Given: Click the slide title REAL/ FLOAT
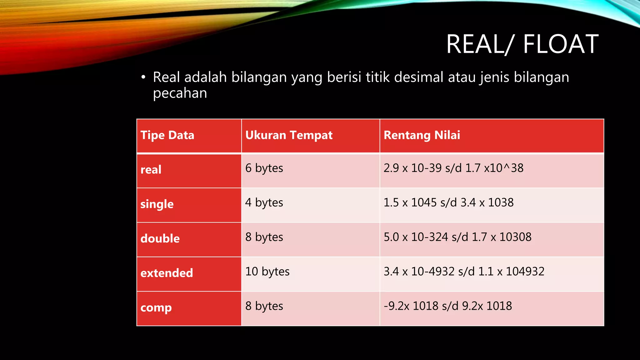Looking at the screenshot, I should pos(522,44).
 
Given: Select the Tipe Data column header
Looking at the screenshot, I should pos(167,135).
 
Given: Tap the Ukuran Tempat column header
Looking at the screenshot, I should pos(289,135).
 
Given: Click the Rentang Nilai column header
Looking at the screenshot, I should pos(422,135).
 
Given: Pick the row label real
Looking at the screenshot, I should pos(151,170).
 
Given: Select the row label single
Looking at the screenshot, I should pos(157,204).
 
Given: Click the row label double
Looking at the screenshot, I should pos(160,239).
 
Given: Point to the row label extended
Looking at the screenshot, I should pos(167,273).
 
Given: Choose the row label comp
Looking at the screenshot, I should pos(156,308).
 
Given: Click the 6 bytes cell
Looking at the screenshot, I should pos(264,168).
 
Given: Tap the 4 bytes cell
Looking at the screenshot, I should pos(264,202).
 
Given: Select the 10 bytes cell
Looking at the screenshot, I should pos(267,272).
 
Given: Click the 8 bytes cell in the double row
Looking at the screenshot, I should pos(264,237).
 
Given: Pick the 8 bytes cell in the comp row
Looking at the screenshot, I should pos(264,306).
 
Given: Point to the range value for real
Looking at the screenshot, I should pos(453,168).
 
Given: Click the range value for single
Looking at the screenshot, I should pos(448,202).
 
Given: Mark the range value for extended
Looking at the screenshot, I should pos(464,272).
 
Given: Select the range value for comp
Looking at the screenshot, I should pos(448,306).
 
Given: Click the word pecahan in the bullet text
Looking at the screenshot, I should pos(180,93).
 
